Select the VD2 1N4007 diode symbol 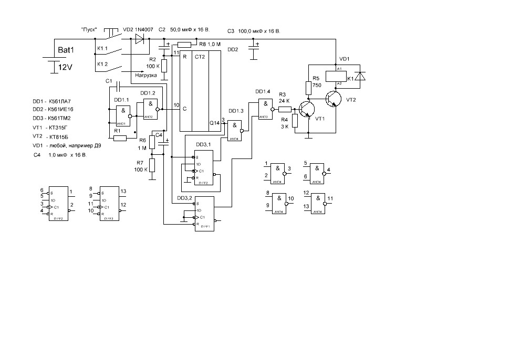[140, 38]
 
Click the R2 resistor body [164, 66]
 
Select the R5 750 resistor [308, 87]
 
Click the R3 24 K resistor [284, 109]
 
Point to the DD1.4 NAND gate [265, 109]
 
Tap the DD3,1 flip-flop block [203, 168]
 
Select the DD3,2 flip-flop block [203, 213]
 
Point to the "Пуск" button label [88, 30]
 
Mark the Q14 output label [214, 122]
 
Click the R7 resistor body [152, 165]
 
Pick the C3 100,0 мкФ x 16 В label [254, 31]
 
